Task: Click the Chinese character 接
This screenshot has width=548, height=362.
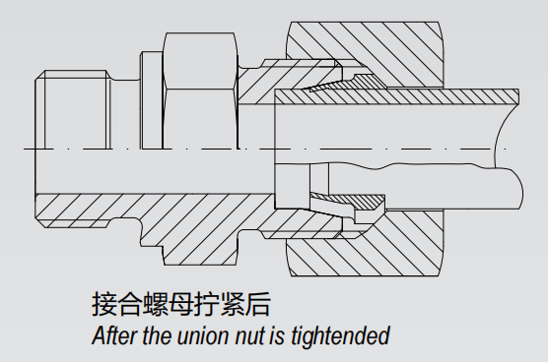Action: (x=104, y=305)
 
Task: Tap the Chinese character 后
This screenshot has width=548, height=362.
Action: (x=258, y=305)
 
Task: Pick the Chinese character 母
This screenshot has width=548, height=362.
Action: (x=181, y=305)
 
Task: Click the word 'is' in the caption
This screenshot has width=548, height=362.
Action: (x=276, y=335)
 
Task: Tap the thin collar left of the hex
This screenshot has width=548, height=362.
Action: (x=152, y=100)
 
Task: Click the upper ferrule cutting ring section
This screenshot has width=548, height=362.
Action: (x=346, y=83)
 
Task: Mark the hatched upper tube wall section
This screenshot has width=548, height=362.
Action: (x=396, y=96)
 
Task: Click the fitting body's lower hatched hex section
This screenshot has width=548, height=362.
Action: (x=199, y=244)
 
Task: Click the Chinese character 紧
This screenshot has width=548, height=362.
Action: (x=233, y=305)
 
